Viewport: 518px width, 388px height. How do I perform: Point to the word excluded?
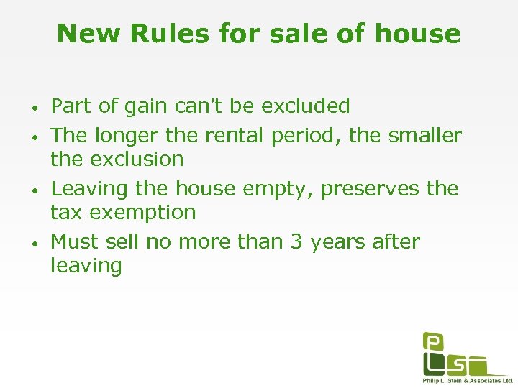point(306,106)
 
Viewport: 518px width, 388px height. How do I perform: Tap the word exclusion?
point(135,159)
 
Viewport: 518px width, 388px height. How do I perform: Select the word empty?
point(279,189)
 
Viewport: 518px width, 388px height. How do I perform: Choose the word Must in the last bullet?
point(76,241)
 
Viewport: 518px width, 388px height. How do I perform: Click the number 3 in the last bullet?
point(296,241)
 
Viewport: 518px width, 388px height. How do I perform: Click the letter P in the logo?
point(433,343)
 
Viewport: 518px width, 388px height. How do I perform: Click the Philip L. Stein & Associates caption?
point(468,380)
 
